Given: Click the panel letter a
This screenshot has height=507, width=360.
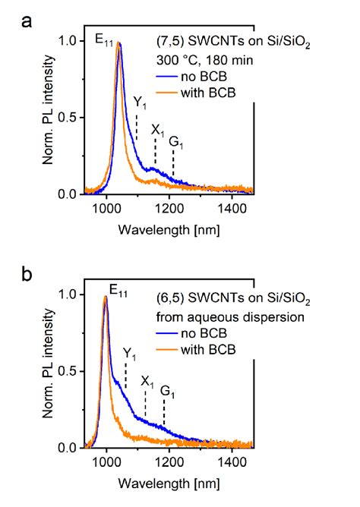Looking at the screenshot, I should point(26,20).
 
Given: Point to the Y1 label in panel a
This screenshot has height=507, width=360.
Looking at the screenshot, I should point(139,102).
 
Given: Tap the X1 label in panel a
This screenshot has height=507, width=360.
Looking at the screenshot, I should point(157,130).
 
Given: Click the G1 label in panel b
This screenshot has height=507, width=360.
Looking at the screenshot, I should point(166,391).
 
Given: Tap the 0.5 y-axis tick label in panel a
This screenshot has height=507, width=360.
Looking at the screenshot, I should point(66,118).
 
